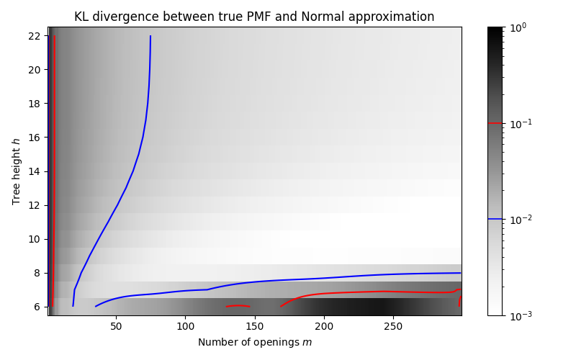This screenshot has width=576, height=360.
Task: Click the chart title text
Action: (254, 17)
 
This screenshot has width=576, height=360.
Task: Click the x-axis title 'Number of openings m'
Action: (255, 342)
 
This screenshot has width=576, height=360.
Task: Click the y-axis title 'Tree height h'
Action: (17, 171)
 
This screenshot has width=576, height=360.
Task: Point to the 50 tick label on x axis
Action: (116, 326)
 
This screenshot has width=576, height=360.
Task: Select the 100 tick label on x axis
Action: (185, 326)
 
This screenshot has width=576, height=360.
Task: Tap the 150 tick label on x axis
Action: (255, 326)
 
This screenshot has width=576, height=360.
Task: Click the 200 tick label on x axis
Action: (324, 326)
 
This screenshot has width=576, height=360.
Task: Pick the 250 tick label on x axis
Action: (393, 326)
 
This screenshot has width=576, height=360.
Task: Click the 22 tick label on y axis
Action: (34, 36)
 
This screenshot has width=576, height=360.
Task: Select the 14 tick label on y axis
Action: (34, 171)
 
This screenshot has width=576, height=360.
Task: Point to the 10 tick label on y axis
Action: (34, 239)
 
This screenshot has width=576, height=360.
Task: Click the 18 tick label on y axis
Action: (34, 104)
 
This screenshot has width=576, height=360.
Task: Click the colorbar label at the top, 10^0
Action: (518, 27)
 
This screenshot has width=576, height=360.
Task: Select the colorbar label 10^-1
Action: (520, 123)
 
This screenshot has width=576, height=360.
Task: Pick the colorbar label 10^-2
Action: (520, 219)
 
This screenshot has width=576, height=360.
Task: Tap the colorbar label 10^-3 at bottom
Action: (520, 315)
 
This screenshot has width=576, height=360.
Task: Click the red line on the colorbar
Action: (495, 123)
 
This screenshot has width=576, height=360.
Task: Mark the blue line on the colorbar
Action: (495, 219)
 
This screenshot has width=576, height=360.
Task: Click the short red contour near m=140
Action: (238, 306)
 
